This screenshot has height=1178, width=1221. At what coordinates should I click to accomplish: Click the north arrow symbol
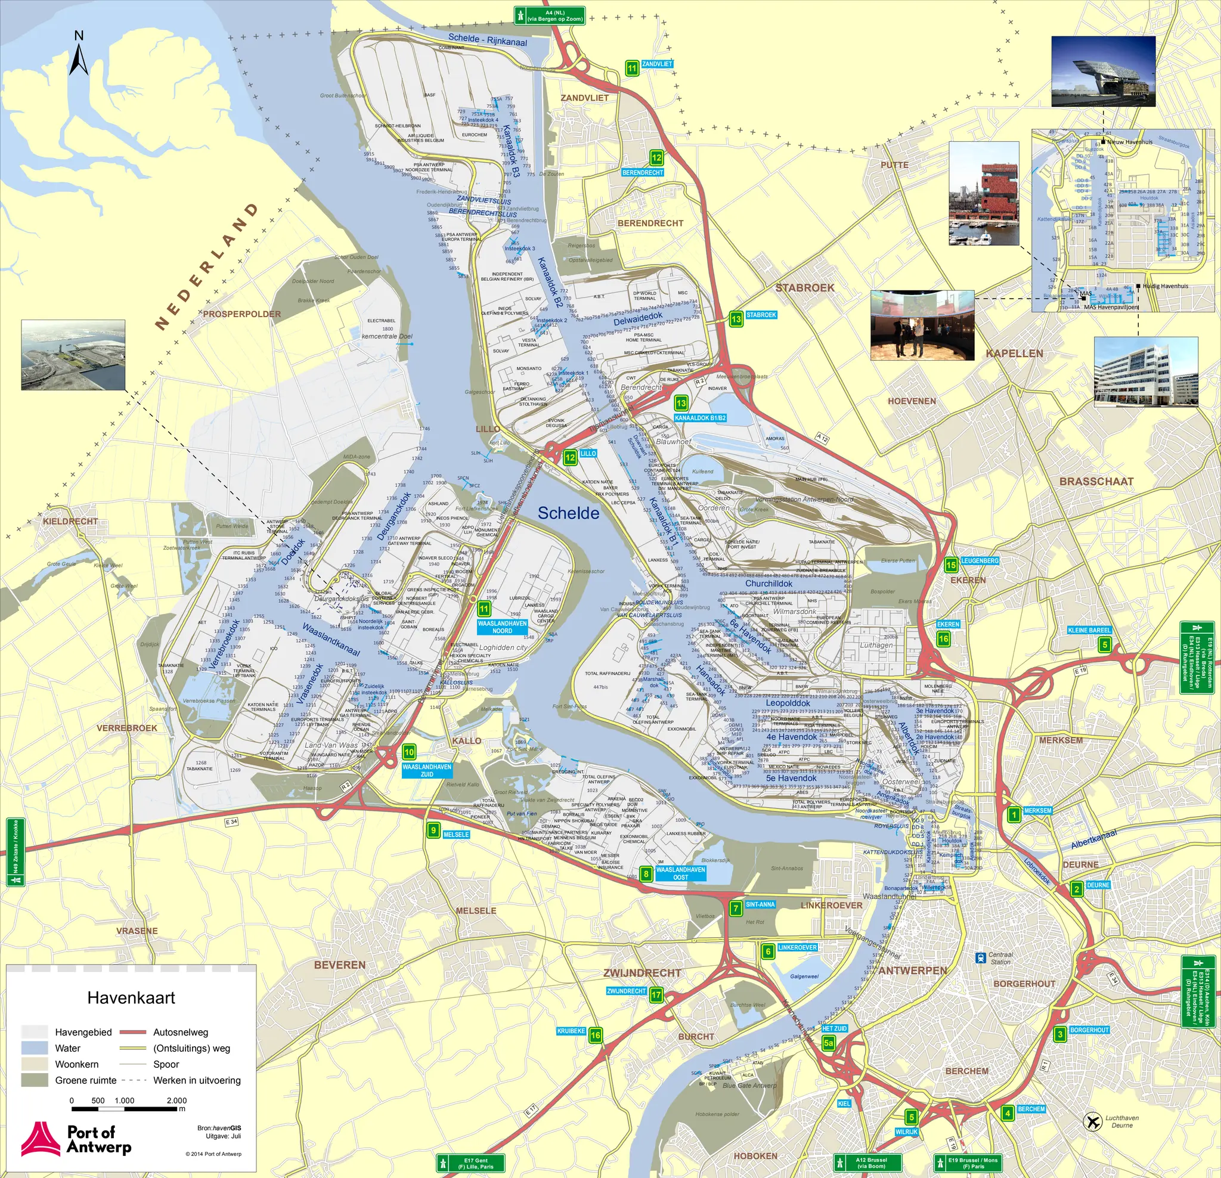(79, 55)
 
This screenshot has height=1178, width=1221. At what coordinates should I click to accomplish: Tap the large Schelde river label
(568, 513)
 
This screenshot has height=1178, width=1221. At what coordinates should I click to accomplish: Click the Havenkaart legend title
(131, 998)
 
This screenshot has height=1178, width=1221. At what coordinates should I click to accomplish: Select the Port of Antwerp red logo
(41, 1139)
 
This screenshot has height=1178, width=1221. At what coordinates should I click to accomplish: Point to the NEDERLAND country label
(206, 266)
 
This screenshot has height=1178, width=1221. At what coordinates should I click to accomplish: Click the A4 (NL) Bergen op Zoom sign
(550, 15)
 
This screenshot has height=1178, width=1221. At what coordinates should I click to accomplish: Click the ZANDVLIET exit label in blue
(656, 64)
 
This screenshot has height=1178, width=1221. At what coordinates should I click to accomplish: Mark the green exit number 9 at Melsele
(433, 830)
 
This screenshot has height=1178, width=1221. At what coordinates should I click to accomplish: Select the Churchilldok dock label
(768, 584)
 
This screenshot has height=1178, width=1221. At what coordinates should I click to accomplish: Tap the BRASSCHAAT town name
(1096, 482)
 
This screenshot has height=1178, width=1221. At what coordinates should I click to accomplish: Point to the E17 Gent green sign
(470, 1163)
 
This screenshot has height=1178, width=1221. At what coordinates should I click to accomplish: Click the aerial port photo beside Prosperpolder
(73, 355)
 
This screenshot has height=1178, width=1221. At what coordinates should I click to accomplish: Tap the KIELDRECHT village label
(70, 521)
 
